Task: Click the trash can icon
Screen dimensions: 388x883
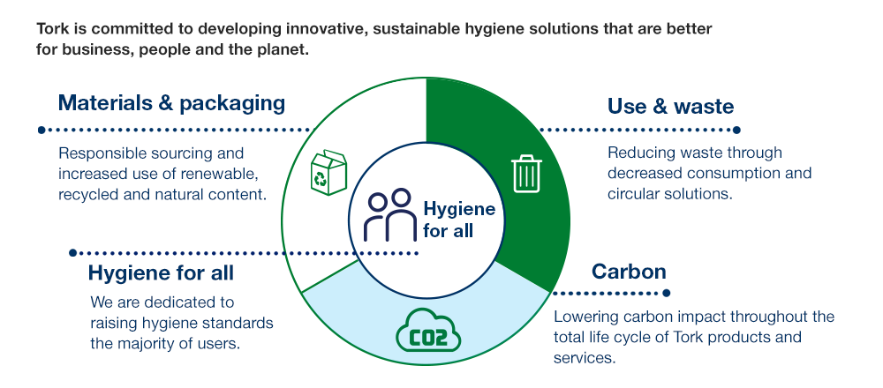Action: click(x=526, y=173)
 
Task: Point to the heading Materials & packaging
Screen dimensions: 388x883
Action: click(x=171, y=103)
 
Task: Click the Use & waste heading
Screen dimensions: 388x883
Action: click(x=670, y=107)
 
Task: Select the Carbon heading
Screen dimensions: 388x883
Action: click(x=629, y=271)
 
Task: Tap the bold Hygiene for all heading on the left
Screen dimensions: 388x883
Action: click(x=161, y=273)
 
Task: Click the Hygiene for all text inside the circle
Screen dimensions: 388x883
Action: click(x=459, y=220)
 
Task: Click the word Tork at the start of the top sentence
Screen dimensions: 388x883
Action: click(x=52, y=29)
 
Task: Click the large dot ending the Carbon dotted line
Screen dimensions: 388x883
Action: click(x=667, y=293)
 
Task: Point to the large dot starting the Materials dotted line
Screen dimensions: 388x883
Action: click(x=42, y=130)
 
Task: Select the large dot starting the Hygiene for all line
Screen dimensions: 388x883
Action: click(x=72, y=254)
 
